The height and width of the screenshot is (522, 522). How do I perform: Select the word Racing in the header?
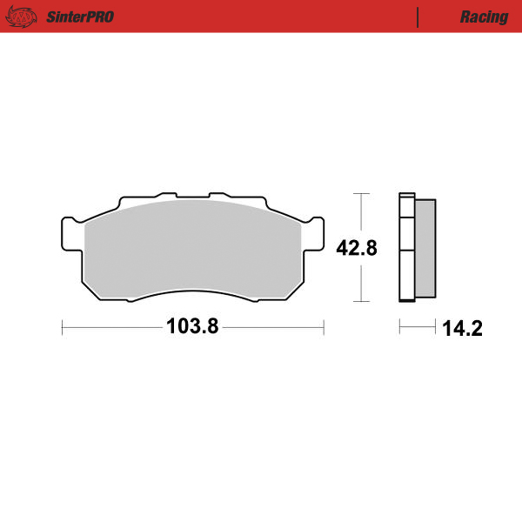click(484, 17)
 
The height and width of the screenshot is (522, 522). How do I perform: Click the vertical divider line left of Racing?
click(418, 17)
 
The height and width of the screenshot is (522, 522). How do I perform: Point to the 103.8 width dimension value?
click(192, 327)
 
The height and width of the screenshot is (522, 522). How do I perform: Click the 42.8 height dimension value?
click(356, 248)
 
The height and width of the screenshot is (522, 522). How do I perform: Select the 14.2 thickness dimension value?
click(462, 328)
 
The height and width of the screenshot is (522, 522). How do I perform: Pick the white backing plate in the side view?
click(405, 247)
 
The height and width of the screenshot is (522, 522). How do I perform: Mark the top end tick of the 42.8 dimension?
click(361, 193)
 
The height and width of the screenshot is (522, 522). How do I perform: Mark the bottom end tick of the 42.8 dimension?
click(361, 302)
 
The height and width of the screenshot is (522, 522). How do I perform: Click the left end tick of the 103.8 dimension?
click(63, 327)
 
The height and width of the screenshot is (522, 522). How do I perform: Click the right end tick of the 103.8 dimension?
click(324, 327)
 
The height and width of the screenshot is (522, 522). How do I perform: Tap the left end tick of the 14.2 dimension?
click(399, 327)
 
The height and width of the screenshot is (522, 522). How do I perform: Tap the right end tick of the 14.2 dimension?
click(435, 327)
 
